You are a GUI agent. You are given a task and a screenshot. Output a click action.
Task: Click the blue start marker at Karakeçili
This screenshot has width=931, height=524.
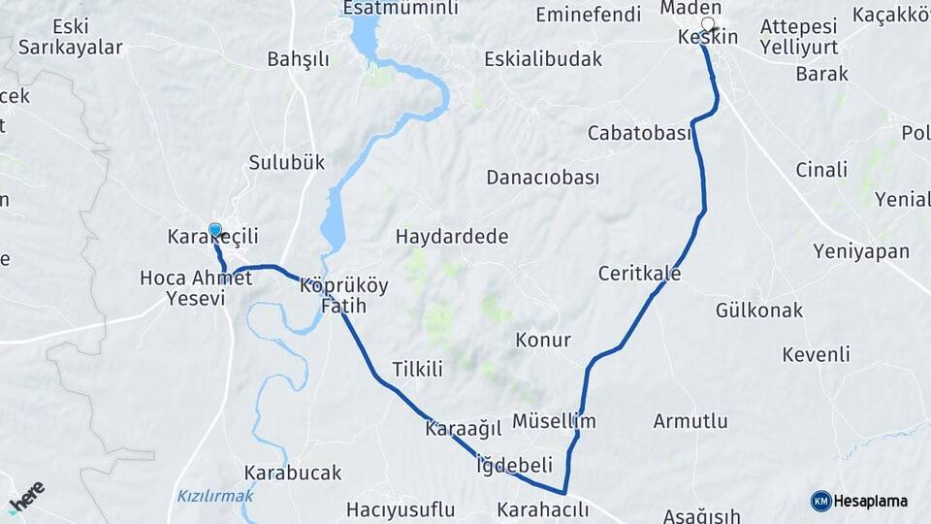(x=215, y=231)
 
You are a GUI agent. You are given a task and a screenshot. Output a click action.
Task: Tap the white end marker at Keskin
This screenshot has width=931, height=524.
(x=708, y=24)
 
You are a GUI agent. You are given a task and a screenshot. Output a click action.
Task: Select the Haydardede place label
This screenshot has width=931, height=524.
(x=452, y=237)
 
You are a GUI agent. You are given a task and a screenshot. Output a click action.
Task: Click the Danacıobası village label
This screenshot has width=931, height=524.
(x=542, y=178)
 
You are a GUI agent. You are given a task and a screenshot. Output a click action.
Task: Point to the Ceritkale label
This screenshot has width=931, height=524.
(x=639, y=274)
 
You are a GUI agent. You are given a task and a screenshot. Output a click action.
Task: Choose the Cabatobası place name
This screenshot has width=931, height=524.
(x=639, y=133)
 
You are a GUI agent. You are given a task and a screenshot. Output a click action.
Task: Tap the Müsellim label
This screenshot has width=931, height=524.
(x=553, y=421)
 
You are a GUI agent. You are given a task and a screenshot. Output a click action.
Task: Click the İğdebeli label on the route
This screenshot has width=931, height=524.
(x=514, y=465)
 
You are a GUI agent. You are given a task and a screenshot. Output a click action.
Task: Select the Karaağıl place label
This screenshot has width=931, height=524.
(x=463, y=428)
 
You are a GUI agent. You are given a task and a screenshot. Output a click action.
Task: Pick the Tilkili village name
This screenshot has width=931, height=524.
(x=417, y=369)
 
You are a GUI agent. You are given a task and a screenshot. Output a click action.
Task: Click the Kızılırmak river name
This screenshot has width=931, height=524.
(x=214, y=496)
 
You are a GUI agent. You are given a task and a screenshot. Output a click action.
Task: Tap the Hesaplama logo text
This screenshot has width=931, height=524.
(x=871, y=501)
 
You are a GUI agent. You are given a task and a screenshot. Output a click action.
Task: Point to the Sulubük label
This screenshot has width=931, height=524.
(x=286, y=162)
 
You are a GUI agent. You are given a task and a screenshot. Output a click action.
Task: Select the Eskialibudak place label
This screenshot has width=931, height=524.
(x=543, y=58)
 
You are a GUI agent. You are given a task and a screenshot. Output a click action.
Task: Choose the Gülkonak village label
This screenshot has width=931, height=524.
(x=759, y=311)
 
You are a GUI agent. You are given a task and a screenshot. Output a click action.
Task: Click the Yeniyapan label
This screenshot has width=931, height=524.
(x=861, y=252)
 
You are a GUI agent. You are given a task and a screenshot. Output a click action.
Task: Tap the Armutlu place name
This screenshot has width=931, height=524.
(x=690, y=421)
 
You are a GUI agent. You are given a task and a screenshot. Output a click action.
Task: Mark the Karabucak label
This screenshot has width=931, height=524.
(x=293, y=474)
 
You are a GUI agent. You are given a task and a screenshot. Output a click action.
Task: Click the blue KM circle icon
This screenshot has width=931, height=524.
(x=820, y=501)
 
